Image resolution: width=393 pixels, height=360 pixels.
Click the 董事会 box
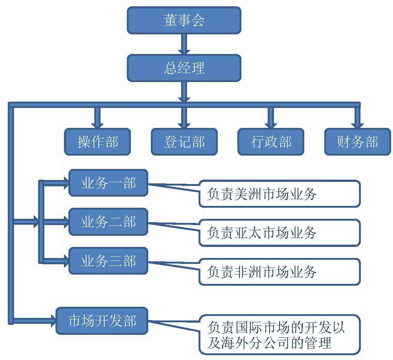(x=184, y=20)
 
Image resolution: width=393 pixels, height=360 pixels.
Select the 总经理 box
(x=184, y=68)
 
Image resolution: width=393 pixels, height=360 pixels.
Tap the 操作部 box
(x=98, y=142)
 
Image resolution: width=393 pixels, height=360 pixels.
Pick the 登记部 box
(x=184, y=142)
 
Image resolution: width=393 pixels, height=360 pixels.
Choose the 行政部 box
(x=271, y=142)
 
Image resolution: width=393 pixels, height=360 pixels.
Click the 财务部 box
(x=358, y=142)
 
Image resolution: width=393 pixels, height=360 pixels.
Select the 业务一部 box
(x=108, y=183)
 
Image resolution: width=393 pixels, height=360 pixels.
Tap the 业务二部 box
(x=108, y=222)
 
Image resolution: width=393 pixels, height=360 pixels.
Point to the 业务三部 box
(x=108, y=261)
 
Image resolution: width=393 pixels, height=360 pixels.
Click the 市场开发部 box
(x=102, y=320)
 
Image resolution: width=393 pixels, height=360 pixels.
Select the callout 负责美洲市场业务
(x=279, y=193)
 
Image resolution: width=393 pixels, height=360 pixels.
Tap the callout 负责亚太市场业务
(x=279, y=232)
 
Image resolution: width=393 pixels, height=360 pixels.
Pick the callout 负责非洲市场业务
(x=279, y=272)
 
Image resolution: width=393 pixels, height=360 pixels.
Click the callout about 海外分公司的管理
(x=279, y=334)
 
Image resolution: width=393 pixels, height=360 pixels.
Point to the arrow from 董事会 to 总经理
(x=184, y=44)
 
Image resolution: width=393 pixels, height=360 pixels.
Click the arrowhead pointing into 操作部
(x=98, y=124)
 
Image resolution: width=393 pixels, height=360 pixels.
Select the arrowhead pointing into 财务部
(x=358, y=124)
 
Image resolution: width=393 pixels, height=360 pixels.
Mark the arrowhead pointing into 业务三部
(x=65, y=261)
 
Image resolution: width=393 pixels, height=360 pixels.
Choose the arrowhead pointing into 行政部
(x=271, y=124)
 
